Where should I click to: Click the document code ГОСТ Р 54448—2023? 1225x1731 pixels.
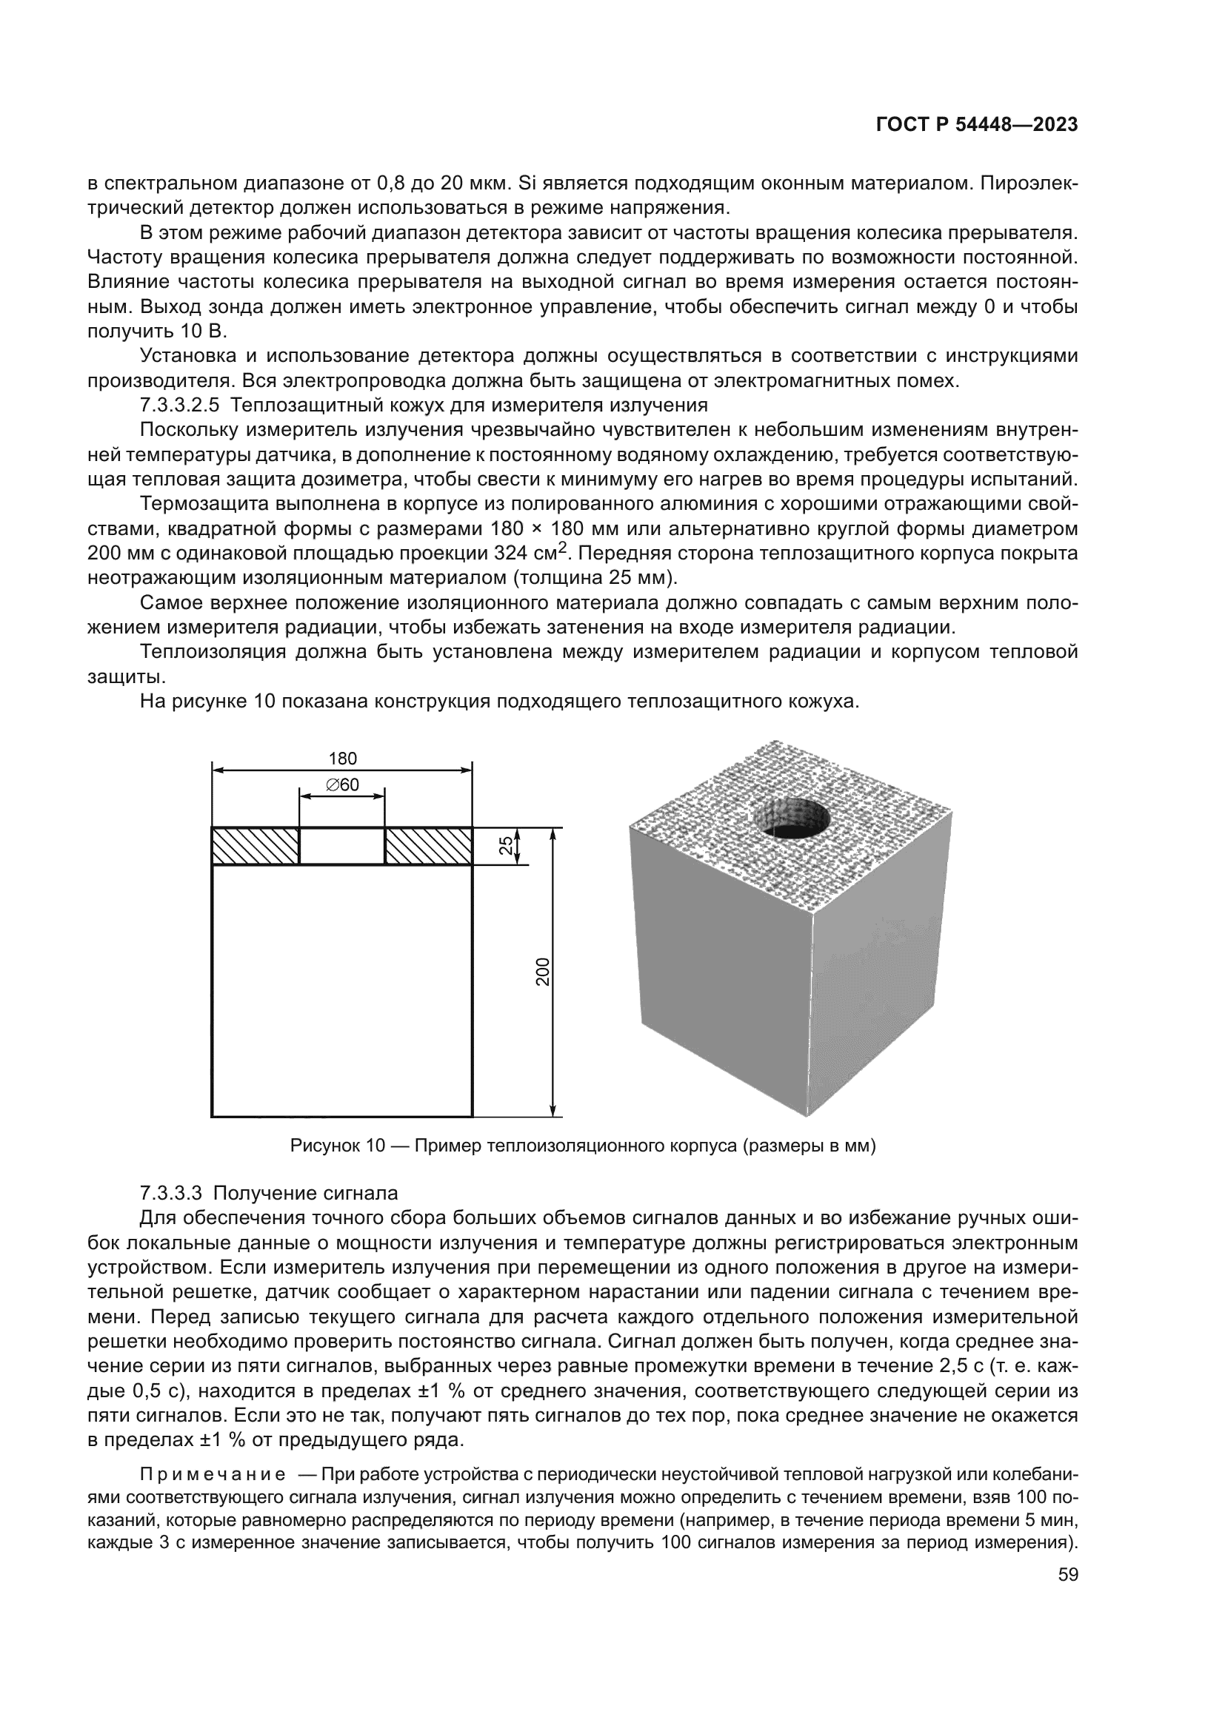coord(976,125)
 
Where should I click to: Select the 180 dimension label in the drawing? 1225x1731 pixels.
coord(343,759)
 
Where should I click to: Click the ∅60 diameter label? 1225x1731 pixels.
coord(342,784)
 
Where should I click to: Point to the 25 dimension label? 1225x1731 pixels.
coord(507,846)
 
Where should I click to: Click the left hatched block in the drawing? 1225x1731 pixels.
coord(255,846)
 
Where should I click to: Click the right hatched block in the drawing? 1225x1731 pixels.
coord(428,846)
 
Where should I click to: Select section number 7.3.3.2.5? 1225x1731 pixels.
coord(179,406)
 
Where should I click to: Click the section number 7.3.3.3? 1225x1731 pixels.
coord(171,1194)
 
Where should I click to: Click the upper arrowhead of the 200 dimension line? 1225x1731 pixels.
coord(553,834)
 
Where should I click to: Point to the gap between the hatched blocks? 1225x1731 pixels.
coord(342,846)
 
